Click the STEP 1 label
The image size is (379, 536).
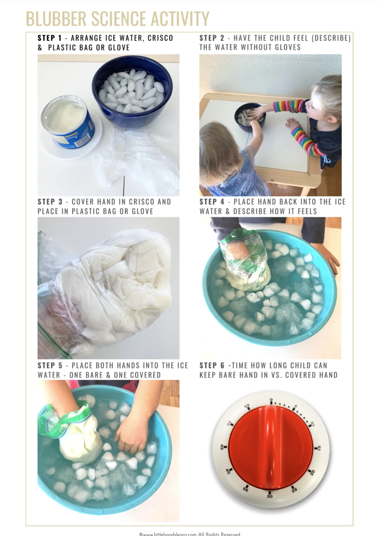pyautogui.click(x=50, y=38)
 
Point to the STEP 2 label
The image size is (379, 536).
pyautogui.click(x=212, y=38)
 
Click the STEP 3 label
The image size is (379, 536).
pyautogui.click(x=50, y=202)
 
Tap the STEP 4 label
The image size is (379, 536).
pyautogui.click(x=212, y=202)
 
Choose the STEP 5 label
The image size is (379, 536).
pyautogui.click(x=50, y=365)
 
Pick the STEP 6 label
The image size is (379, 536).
pyautogui.click(x=212, y=365)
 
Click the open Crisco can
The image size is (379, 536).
pyautogui.click(x=68, y=122)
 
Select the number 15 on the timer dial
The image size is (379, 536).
pyautogui.click(x=319, y=448)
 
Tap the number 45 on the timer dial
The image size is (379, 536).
pyautogui.click(x=222, y=447)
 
